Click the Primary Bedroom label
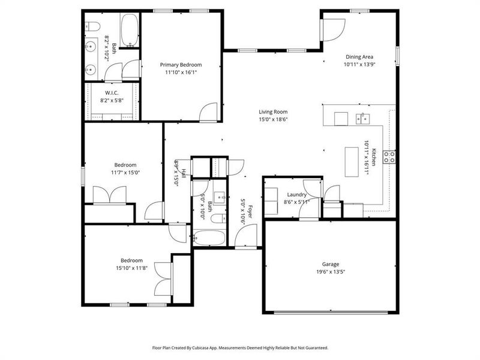click(x=181, y=64)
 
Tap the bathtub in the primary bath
click(x=129, y=31)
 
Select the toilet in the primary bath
click(x=91, y=26)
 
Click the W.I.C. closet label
click(x=112, y=92)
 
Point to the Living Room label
click(x=273, y=112)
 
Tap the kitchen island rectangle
click(x=352, y=162)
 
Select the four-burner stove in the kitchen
click(x=389, y=157)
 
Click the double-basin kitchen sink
click(x=362, y=118)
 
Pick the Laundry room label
click(x=296, y=194)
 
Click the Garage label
click(x=330, y=264)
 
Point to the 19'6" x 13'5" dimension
click(x=330, y=272)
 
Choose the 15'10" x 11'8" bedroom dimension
click(x=131, y=268)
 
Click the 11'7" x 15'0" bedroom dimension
click(x=125, y=173)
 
